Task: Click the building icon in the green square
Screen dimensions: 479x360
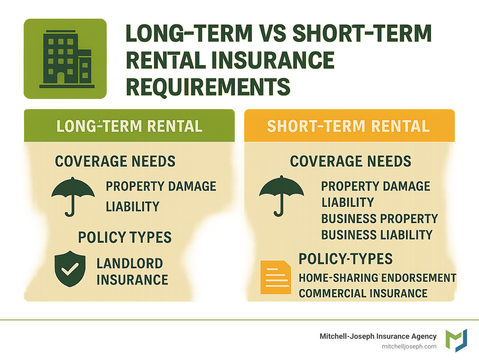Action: [x=67, y=59]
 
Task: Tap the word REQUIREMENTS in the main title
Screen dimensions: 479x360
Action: [x=208, y=87]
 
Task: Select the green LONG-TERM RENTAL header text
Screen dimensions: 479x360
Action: [x=129, y=126]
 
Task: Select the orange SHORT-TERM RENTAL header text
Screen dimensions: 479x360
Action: [x=348, y=126]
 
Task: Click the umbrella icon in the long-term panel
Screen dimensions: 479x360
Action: [x=73, y=197]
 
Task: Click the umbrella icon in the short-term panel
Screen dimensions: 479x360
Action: [x=282, y=196]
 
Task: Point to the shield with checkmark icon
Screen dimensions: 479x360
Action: [x=70, y=269]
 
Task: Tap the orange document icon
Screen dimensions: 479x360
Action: [x=276, y=277]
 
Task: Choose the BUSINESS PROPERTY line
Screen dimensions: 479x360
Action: [x=380, y=219]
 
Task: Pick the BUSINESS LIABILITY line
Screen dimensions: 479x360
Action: [x=377, y=235]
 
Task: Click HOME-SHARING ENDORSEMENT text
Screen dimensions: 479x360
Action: [x=377, y=278]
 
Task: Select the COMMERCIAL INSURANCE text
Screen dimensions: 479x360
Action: [x=363, y=293]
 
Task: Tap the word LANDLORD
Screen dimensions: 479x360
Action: [x=130, y=263]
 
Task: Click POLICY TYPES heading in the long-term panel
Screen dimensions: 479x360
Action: [x=125, y=237]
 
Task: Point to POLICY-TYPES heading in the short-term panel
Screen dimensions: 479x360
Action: [x=346, y=259]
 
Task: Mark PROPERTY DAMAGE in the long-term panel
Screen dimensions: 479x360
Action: [x=161, y=186]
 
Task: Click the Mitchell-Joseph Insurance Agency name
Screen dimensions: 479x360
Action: [x=378, y=336]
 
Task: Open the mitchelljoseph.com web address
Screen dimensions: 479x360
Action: [x=409, y=347]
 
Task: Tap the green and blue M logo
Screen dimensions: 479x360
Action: [x=456, y=340]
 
